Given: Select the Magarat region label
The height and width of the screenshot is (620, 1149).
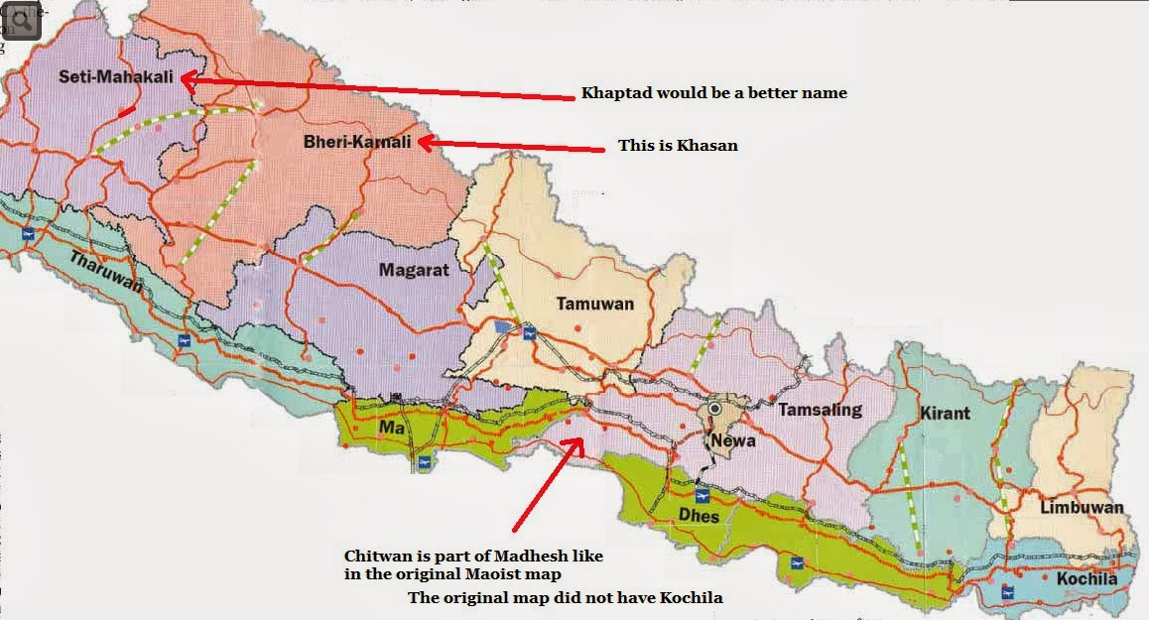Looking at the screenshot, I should (x=414, y=270).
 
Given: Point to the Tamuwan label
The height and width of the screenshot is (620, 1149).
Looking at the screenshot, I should (x=594, y=305).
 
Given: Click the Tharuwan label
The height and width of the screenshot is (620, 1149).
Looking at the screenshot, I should (x=106, y=275).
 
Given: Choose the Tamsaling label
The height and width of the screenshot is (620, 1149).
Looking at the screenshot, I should (x=821, y=410).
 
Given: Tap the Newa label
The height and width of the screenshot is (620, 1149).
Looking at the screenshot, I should (x=732, y=442).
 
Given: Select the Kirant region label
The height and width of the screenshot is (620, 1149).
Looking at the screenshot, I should (x=945, y=413).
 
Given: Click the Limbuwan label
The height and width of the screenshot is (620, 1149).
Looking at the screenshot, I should (x=1082, y=508).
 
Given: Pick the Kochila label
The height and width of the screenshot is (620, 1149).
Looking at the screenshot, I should (x=1086, y=579).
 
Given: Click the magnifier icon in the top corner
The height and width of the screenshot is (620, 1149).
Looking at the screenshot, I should (x=20, y=20).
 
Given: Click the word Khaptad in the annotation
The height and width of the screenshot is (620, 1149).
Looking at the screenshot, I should (x=614, y=93).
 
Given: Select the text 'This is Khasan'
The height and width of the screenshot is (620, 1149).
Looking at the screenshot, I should (x=678, y=145).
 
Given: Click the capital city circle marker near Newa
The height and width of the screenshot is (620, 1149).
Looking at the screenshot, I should (x=715, y=409).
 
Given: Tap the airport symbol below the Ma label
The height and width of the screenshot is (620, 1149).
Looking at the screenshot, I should (x=425, y=462).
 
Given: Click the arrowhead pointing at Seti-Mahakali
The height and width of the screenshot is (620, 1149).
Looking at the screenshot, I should (x=187, y=81).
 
